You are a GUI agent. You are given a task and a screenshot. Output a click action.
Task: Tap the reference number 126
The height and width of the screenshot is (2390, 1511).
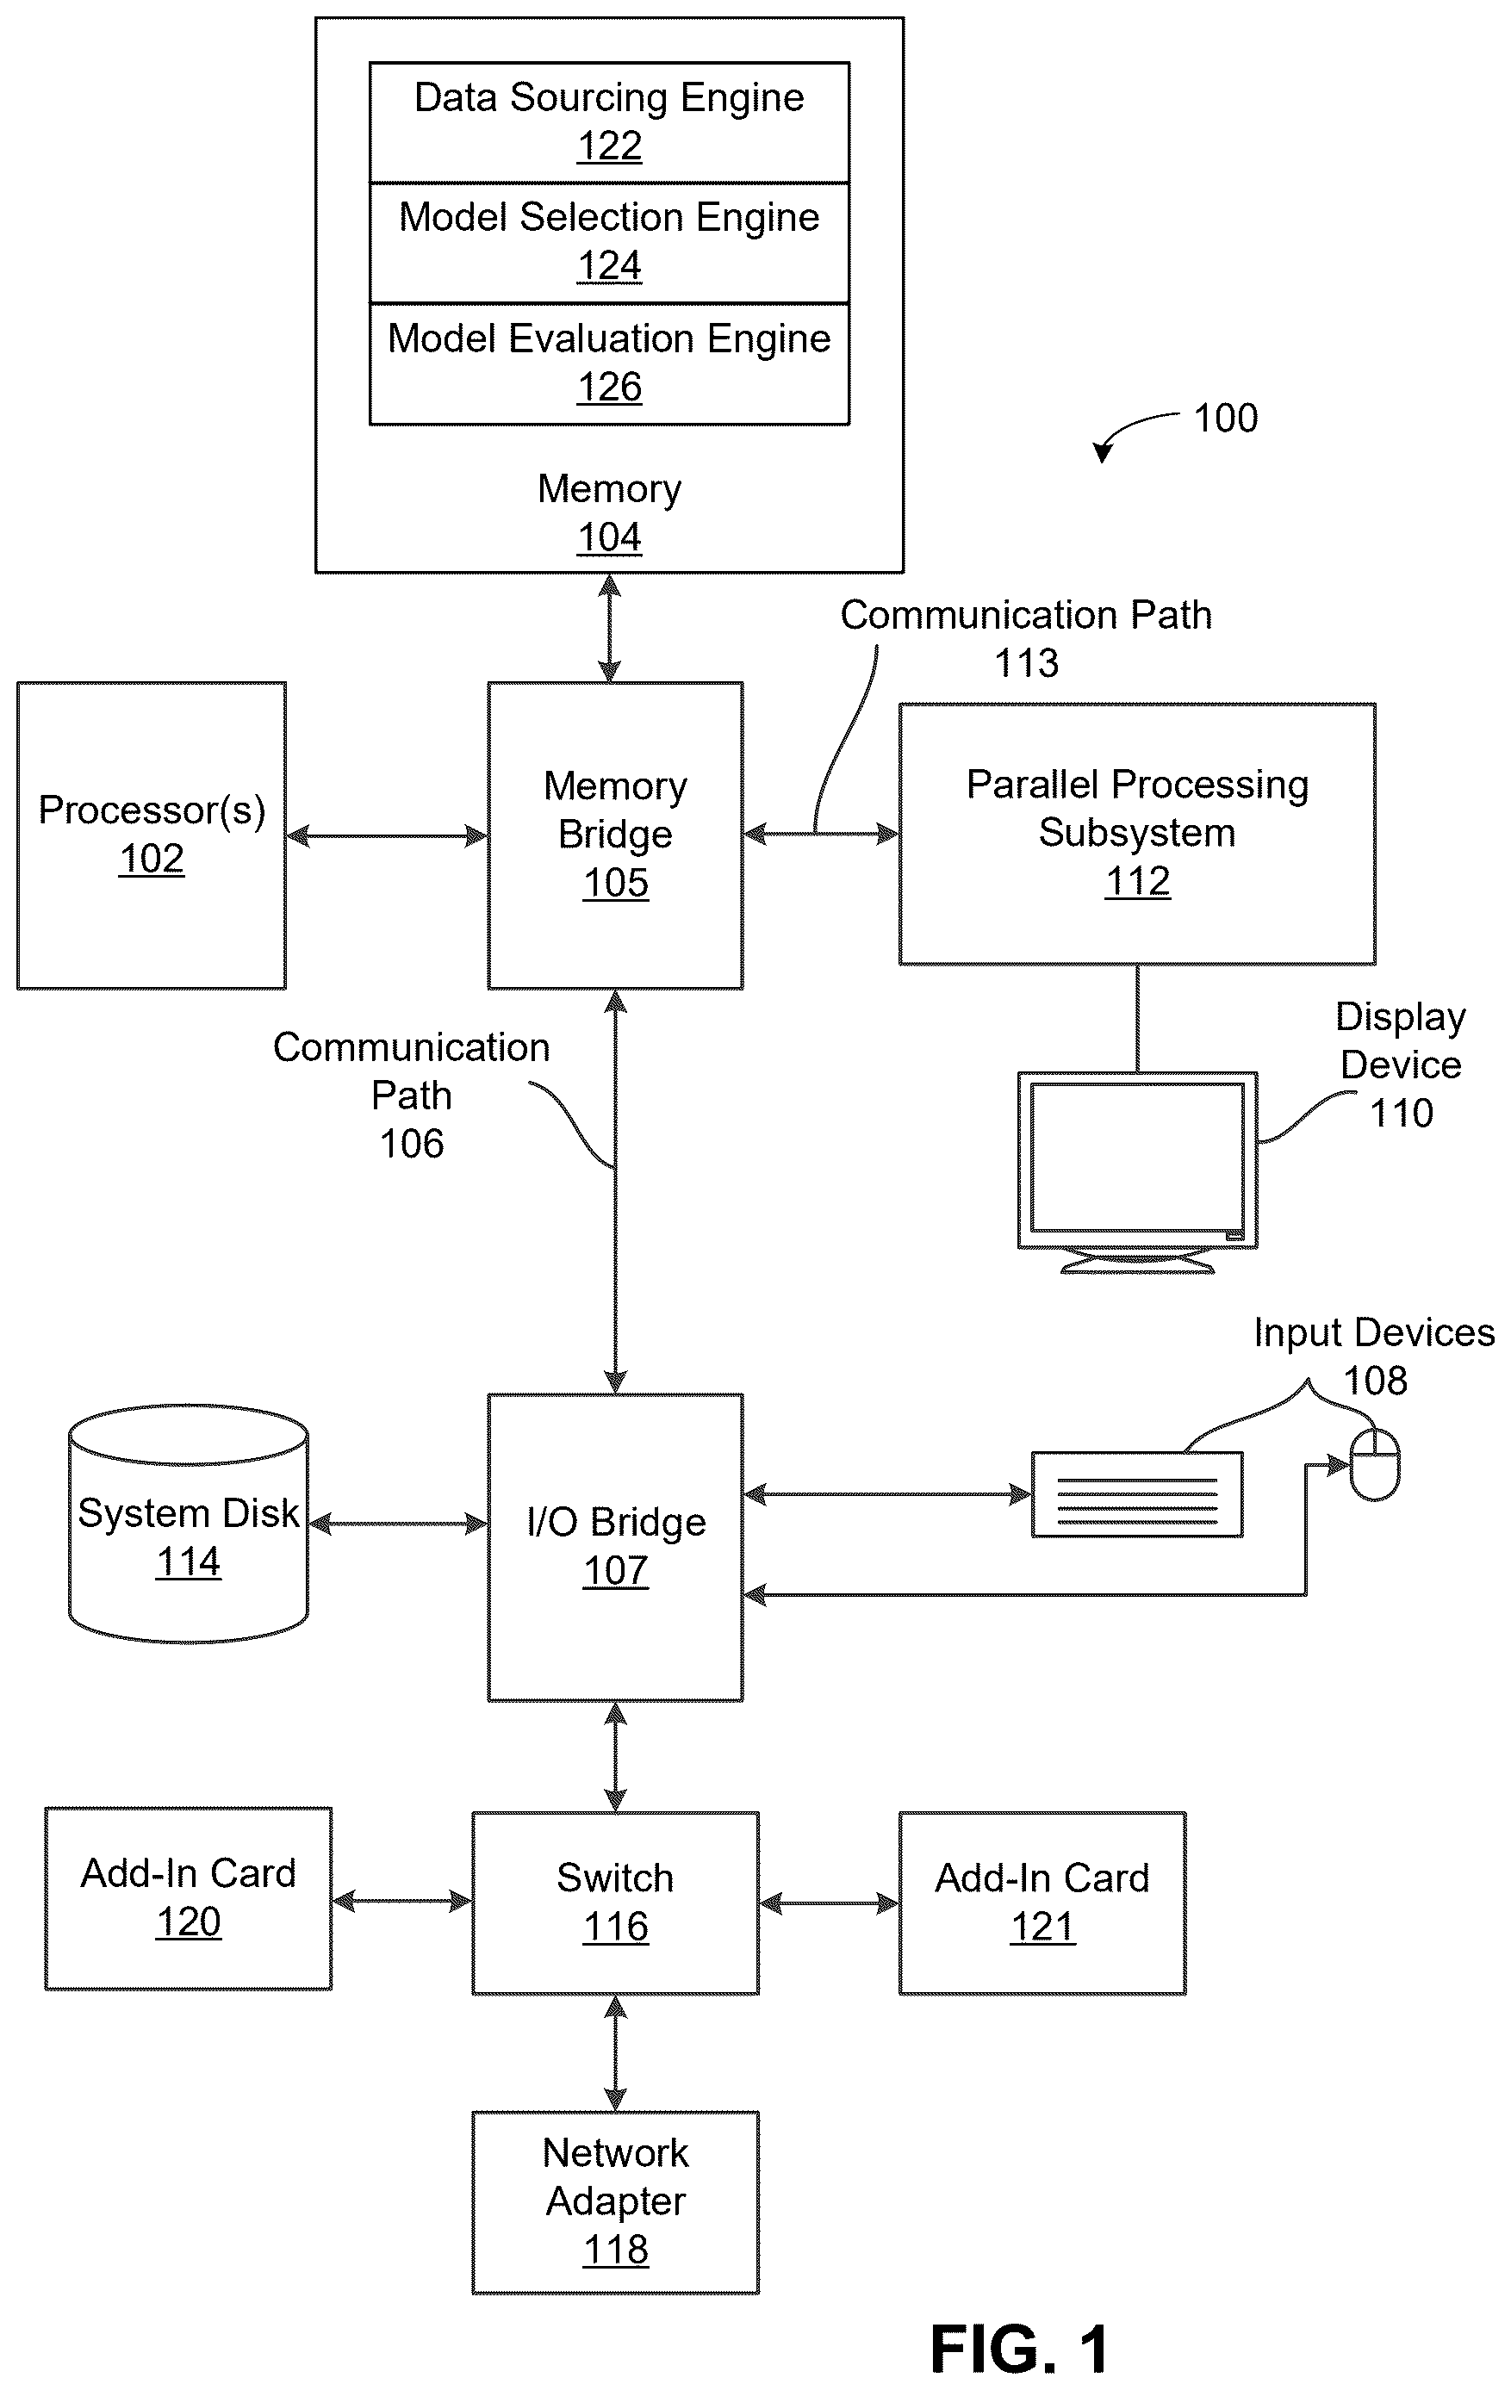pyautogui.click(x=610, y=387)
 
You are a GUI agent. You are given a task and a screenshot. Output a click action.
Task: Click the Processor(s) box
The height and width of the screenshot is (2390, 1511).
pyautogui.click(x=151, y=835)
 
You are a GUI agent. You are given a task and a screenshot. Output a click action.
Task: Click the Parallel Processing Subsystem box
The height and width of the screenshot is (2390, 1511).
pyautogui.click(x=1137, y=834)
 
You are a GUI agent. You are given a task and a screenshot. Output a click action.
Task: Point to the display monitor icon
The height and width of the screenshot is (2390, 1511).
pyautogui.click(x=1138, y=1172)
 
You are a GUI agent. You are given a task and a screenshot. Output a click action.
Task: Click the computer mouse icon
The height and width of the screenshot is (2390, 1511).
pyautogui.click(x=1375, y=1464)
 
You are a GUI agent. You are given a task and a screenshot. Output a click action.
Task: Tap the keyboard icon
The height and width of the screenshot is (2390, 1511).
pyautogui.click(x=1137, y=1495)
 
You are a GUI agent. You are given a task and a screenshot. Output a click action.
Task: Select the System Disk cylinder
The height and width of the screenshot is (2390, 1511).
pyautogui.click(x=188, y=1524)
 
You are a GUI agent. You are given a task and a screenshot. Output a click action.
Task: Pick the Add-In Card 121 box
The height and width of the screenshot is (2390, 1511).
pyautogui.click(x=1042, y=1903)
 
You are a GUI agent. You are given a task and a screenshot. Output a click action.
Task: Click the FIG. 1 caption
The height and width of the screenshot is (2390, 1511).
pyautogui.click(x=1020, y=2350)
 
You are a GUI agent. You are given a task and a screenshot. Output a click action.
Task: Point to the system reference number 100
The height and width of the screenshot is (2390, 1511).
pyautogui.click(x=1225, y=418)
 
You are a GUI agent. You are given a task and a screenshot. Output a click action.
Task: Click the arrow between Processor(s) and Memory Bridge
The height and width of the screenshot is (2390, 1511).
pyautogui.click(x=387, y=835)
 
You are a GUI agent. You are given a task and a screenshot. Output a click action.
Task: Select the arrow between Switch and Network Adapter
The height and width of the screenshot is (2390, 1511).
pyautogui.click(x=616, y=2053)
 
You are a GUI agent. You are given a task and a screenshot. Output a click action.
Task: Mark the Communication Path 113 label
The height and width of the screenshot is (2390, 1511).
pyautogui.click(x=1027, y=638)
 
